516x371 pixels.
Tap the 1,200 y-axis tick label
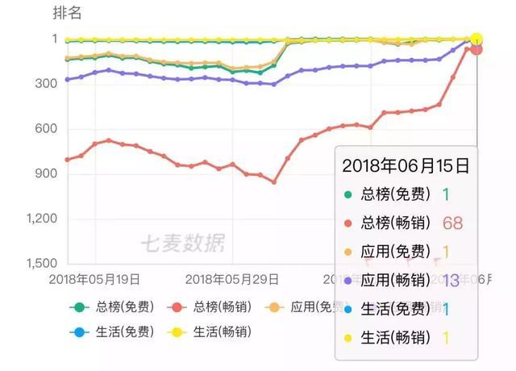pyautogui.click(x=42, y=219)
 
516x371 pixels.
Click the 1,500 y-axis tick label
pyautogui.click(x=42, y=264)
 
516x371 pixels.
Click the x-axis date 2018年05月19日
pyautogui.click(x=94, y=279)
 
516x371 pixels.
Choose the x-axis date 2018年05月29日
pyautogui.click(x=232, y=279)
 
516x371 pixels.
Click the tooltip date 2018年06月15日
pyautogui.click(x=406, y=167)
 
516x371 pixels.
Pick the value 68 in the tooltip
pyautogui.click(x=452, y=223)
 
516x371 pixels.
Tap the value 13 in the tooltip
pyautogui.click(x=451, y=281)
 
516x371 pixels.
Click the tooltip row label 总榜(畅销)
pyautogui.click(x=395, y=223)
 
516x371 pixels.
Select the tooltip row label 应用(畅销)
pyautogui.click(x=395, y=281)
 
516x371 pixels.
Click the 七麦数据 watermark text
pyautogui.click(x=182, y=241)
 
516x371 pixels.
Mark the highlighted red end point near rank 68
pyautogui.click(x=476, y=49)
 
